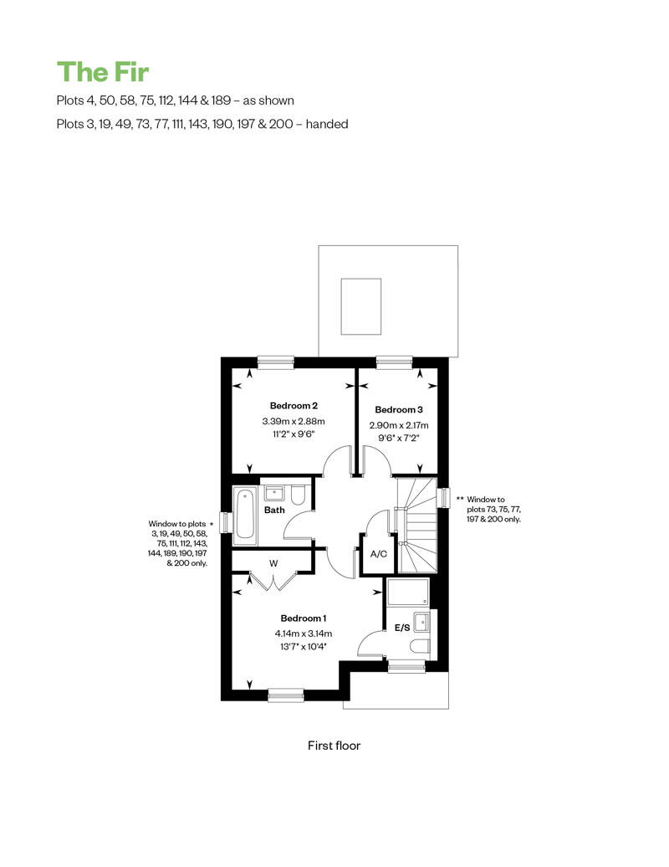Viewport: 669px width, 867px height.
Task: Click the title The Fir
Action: [x=103, y=72]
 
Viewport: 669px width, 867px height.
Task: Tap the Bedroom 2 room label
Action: [x=294, y=406]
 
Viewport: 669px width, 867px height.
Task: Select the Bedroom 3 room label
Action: [x=398, y=410]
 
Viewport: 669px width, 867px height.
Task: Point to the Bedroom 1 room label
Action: [x=304, y=618]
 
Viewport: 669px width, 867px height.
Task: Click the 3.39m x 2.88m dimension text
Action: [x=294, y=421]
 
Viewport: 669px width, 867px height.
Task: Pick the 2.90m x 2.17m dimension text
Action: [x=398, y=425]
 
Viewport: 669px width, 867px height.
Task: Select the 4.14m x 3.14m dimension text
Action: [x=304, y=634]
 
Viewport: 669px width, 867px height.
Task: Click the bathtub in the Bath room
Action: [x=245, y=516]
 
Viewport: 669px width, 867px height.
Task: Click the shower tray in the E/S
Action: [x=408, y=593]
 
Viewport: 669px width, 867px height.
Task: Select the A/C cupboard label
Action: [x=379, y=554]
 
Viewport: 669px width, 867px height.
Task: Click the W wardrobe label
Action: [x=273, y=563]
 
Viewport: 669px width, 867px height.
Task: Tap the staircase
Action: [x=417, y=526]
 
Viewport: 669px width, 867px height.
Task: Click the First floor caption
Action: [x=334, y=746]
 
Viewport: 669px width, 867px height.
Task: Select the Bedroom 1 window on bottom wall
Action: [x=286, y=695]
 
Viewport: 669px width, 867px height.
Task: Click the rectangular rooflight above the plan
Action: [x=361, y=306]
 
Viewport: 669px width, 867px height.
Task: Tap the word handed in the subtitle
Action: [x=326, y=124]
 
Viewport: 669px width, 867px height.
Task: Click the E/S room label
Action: [x=402, y=628]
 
